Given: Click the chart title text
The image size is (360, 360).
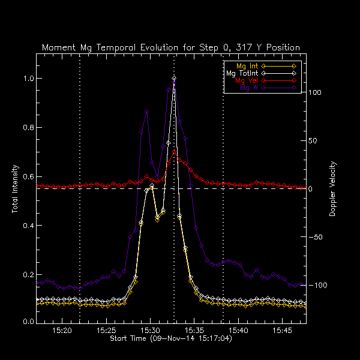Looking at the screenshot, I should [x=171, y=47].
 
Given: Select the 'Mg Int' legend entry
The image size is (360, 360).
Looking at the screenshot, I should [x=244, y=65].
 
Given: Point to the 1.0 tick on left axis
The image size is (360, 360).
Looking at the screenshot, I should [x=27, y=79].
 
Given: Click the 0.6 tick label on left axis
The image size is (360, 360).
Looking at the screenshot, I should [x=27, y=177].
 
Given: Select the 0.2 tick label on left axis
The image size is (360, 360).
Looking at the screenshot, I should [x=27, y=275].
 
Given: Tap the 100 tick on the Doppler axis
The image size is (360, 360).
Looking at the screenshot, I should [x=316, y=93].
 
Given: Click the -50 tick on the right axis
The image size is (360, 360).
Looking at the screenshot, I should [x=316, y=237].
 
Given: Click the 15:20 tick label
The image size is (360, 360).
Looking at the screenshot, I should [x=62, y=331].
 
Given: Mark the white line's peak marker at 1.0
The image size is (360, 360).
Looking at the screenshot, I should [x=174, y=78].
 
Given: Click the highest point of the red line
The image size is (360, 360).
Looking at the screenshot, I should [x=174, y=152].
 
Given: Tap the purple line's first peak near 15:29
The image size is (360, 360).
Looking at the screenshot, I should [x=146, y=111].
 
